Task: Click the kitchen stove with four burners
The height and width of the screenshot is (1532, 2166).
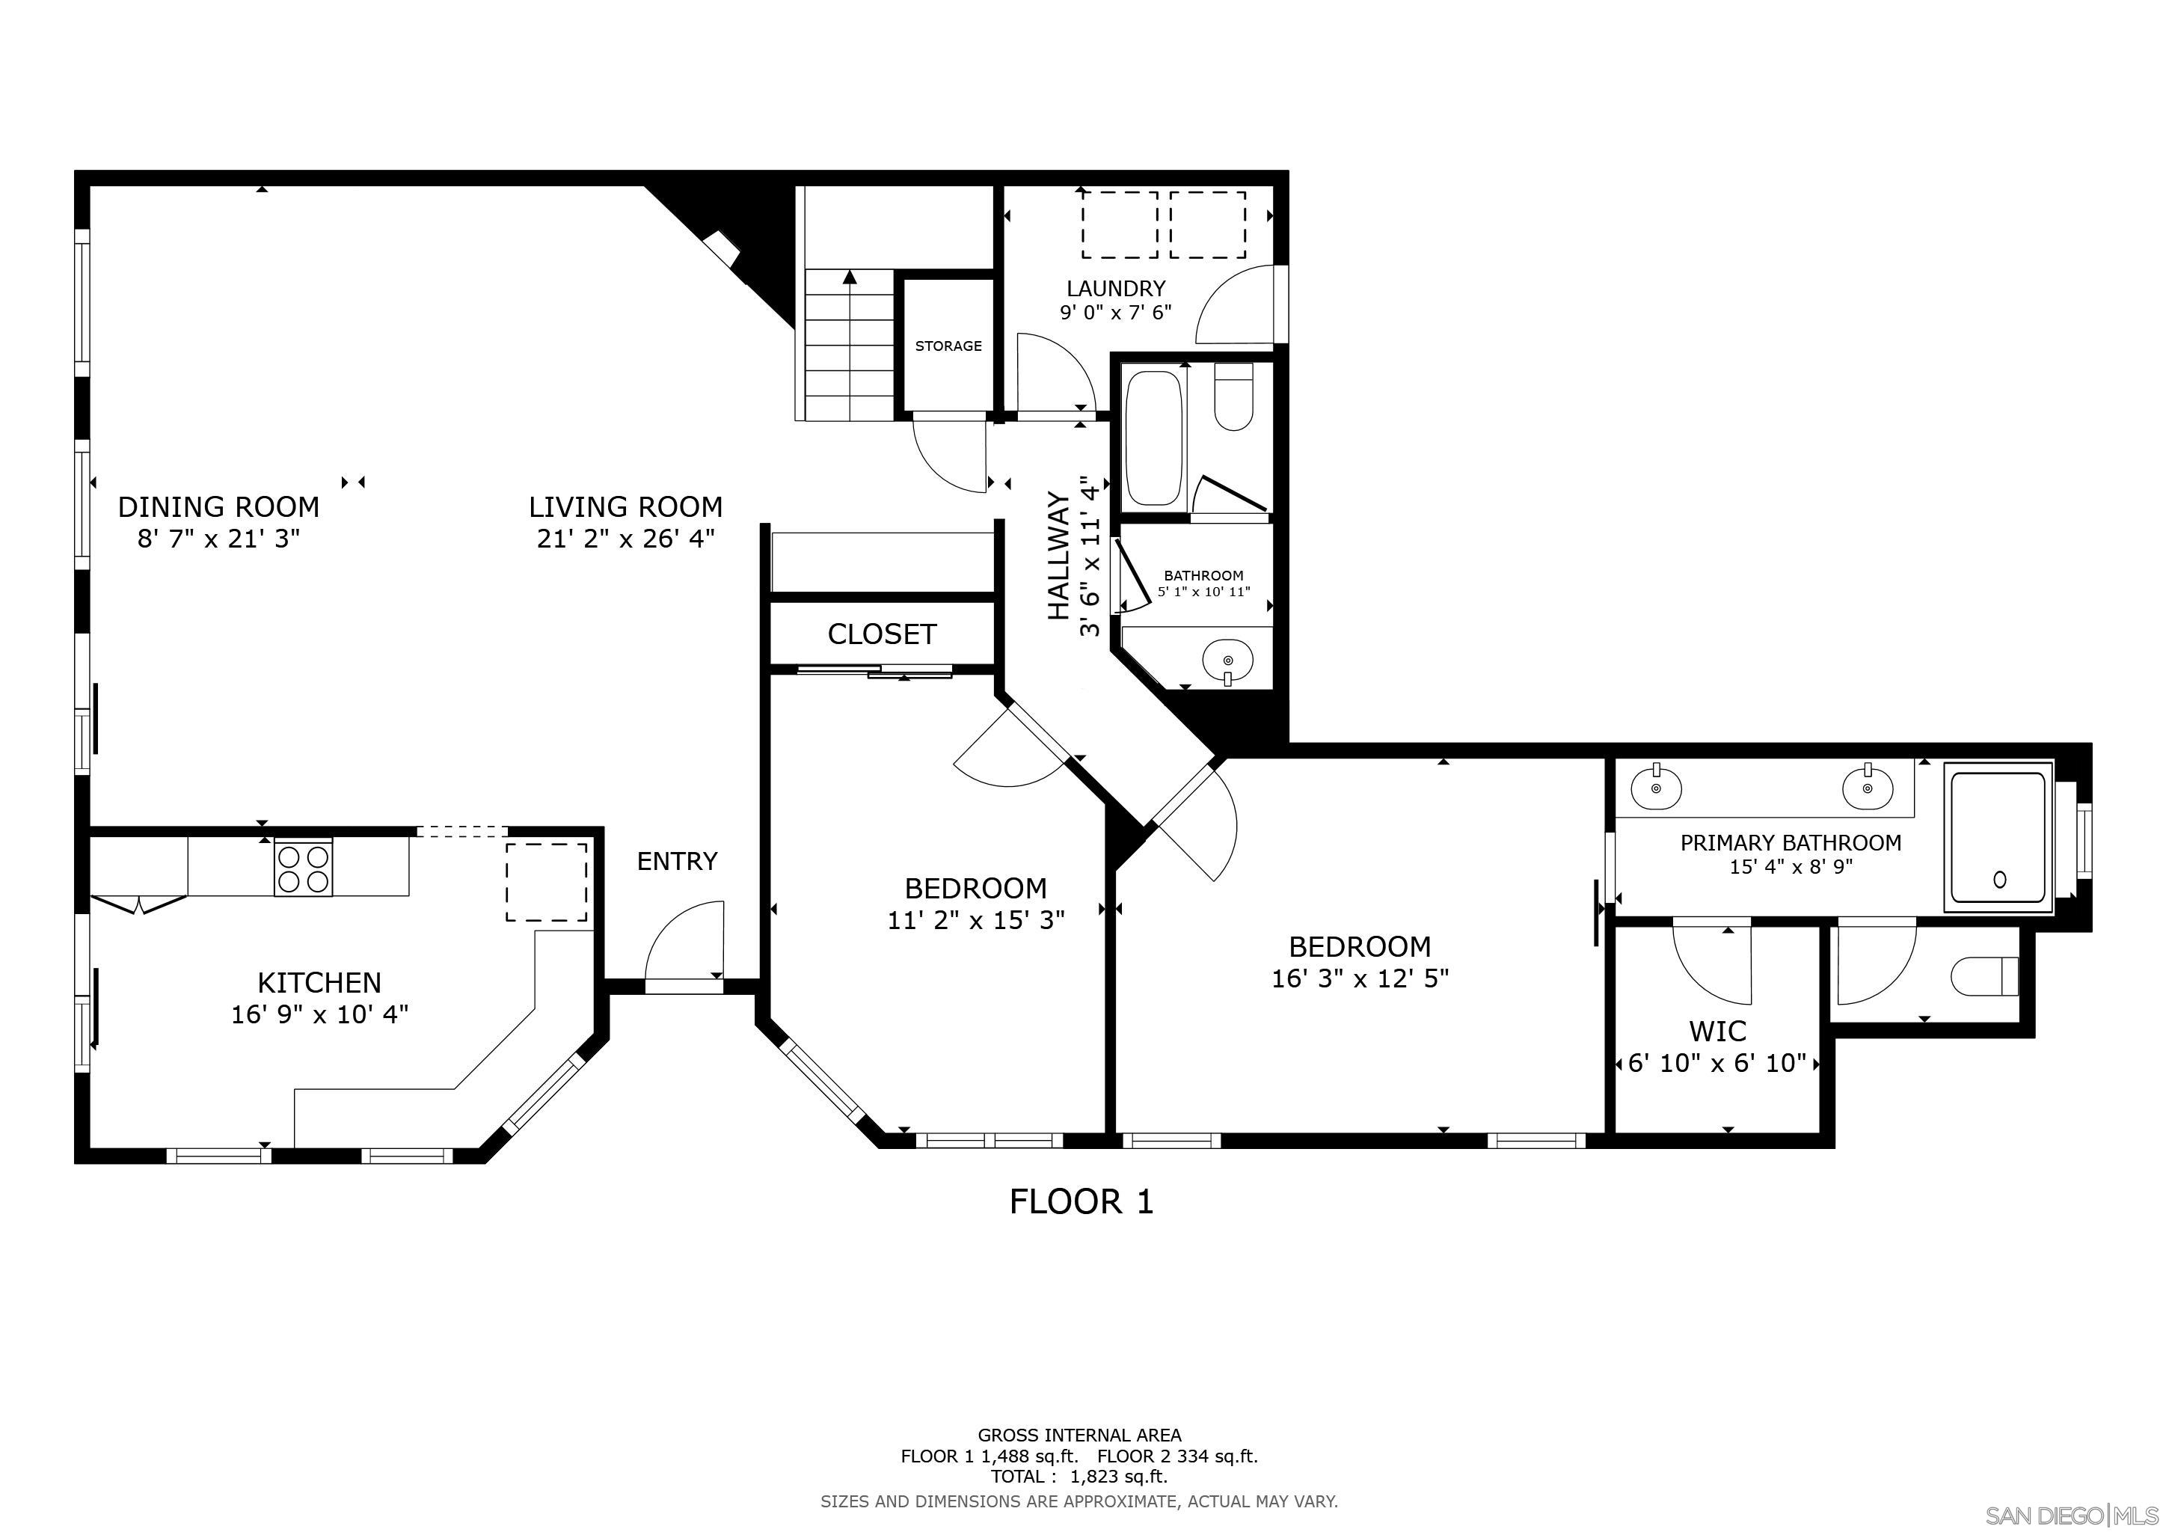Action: [303, 867]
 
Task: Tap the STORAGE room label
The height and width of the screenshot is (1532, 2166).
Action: [948, 346]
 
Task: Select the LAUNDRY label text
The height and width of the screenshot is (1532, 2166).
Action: [1116, 289]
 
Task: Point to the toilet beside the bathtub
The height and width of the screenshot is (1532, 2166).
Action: [1233, 396]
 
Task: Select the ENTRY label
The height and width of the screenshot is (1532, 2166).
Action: [678, 861]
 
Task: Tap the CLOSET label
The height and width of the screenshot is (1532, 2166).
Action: [882, 634]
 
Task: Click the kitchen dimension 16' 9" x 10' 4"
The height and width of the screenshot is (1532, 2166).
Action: [320, 1015]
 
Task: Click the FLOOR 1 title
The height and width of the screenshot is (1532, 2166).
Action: [1081, 1202]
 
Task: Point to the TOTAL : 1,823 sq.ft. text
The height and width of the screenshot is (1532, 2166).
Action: [1079, 1477]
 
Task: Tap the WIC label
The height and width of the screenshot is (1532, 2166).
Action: [1718, 1031]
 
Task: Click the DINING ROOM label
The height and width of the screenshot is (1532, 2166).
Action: [219, 507]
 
